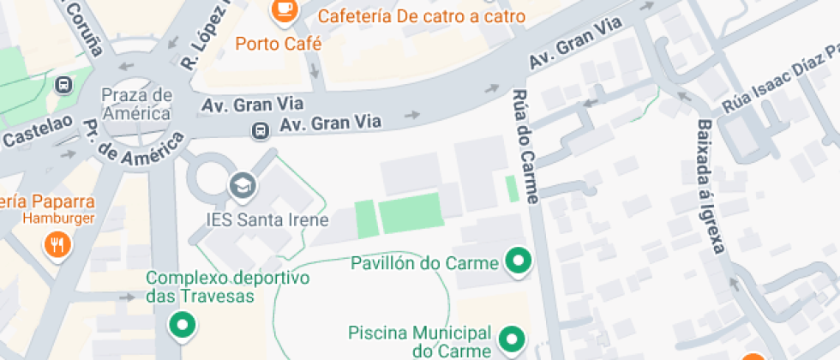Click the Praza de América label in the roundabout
(x=136, y=103)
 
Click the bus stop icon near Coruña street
(x=63, y=85)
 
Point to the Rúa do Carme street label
(x=525, y=146)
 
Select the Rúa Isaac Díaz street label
(x=777, y=90)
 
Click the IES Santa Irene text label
(x=267, y=219)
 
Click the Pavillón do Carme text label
(x=424, y=262)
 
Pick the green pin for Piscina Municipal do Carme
(x=512, y=339)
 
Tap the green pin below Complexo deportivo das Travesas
(x=182, y=325)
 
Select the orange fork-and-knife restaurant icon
(x=58, y=244)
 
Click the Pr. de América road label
(x=132, y=141)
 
